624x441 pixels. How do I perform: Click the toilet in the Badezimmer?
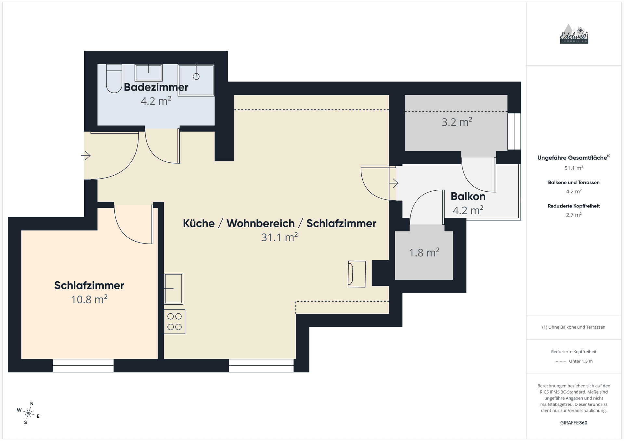tap(114, 79)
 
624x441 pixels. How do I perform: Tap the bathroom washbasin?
tap(149, 73)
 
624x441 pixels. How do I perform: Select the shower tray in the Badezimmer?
tap(196, 80)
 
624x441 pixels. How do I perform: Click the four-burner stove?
tap(175, 321)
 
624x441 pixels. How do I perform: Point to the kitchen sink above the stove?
tap(174, 289)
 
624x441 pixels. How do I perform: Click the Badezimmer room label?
tap(156, 87)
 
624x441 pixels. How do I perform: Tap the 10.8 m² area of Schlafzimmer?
tap(89, 299)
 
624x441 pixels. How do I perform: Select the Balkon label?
tap(468, 196)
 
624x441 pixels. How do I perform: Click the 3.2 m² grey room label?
tap(457, 122)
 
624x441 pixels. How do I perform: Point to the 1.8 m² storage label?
tap(424, 253)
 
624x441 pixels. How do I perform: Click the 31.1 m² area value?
tap(279, 237)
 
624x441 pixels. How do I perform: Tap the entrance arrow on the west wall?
tap(86, 156)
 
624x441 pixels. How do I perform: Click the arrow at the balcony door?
tap(394, 183)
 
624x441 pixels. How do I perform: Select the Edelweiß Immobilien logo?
tap(574, 34)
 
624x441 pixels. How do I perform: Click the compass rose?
tap(29, 413)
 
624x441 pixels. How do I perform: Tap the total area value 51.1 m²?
tap(574, 168)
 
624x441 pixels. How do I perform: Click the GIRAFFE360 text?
tap(574, 422)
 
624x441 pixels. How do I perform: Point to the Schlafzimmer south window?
tap(83, 365)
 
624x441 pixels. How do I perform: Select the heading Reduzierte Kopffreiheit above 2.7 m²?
tap(574, 206)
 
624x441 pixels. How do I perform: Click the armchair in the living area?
tap(357, 274)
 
